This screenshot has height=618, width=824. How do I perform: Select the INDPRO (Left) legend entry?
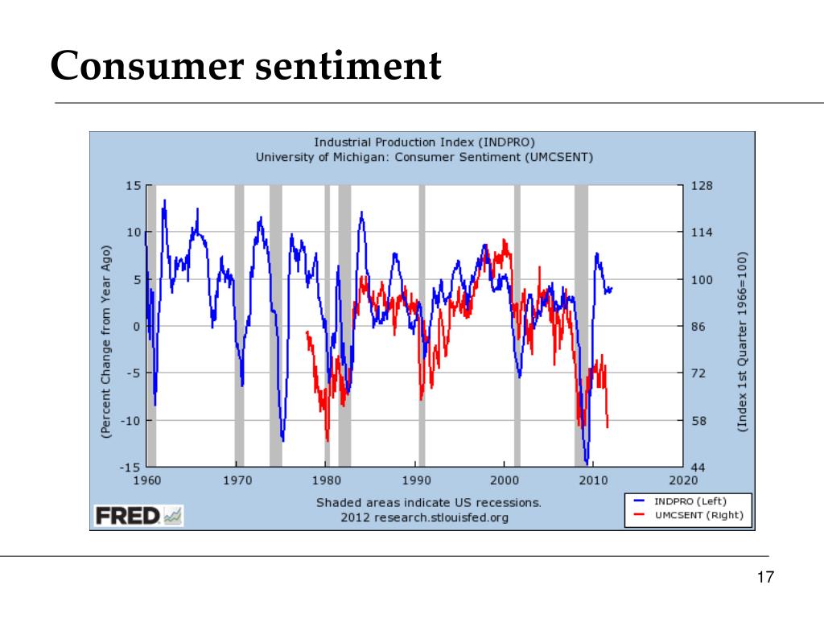point(690,501)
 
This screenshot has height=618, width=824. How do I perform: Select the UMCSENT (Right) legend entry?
point(690,516)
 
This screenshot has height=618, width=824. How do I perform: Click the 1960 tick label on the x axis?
point(146,480)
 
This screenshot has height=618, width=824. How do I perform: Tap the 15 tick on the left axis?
point(133,186)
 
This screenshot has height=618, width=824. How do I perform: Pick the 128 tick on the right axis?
point(702,186)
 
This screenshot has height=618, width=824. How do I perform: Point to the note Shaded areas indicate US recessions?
point(428,502)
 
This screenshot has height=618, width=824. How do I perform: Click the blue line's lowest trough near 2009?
point(587,463)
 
